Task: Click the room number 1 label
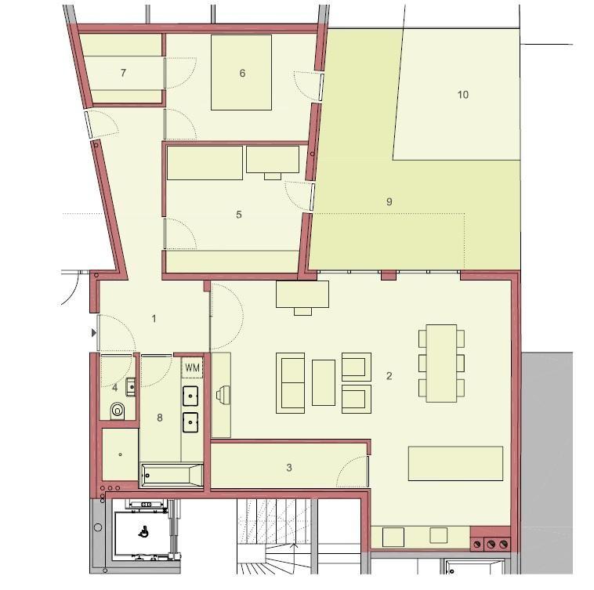click(x=154, y=318)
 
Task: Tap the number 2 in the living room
click(x=389, y=376)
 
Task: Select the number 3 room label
click(x=289, y=468)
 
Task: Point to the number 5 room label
click(x=239, y=215)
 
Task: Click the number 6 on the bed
click(x=243, y=74)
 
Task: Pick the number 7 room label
click(x=123, y=73)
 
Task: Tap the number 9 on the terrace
click(x=389, y=202)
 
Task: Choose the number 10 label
click(x=462, y=95)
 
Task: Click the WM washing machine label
click(x=192, y=367)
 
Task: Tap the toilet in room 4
click(x=118, y=410)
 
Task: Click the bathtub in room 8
click(x=171, y=475)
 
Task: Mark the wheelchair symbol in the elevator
click(x=143, y=530)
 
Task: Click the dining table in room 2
click(x=440, y=363)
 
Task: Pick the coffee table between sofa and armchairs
click(x=323, y=382)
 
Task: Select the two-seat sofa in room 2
click(x=290, y=383)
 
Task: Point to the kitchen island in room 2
click(x=455, y=463)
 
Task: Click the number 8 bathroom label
click(x=160, y=418)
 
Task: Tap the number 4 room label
click(x=115, y=387)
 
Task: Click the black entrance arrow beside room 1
click(x=95, y=333)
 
